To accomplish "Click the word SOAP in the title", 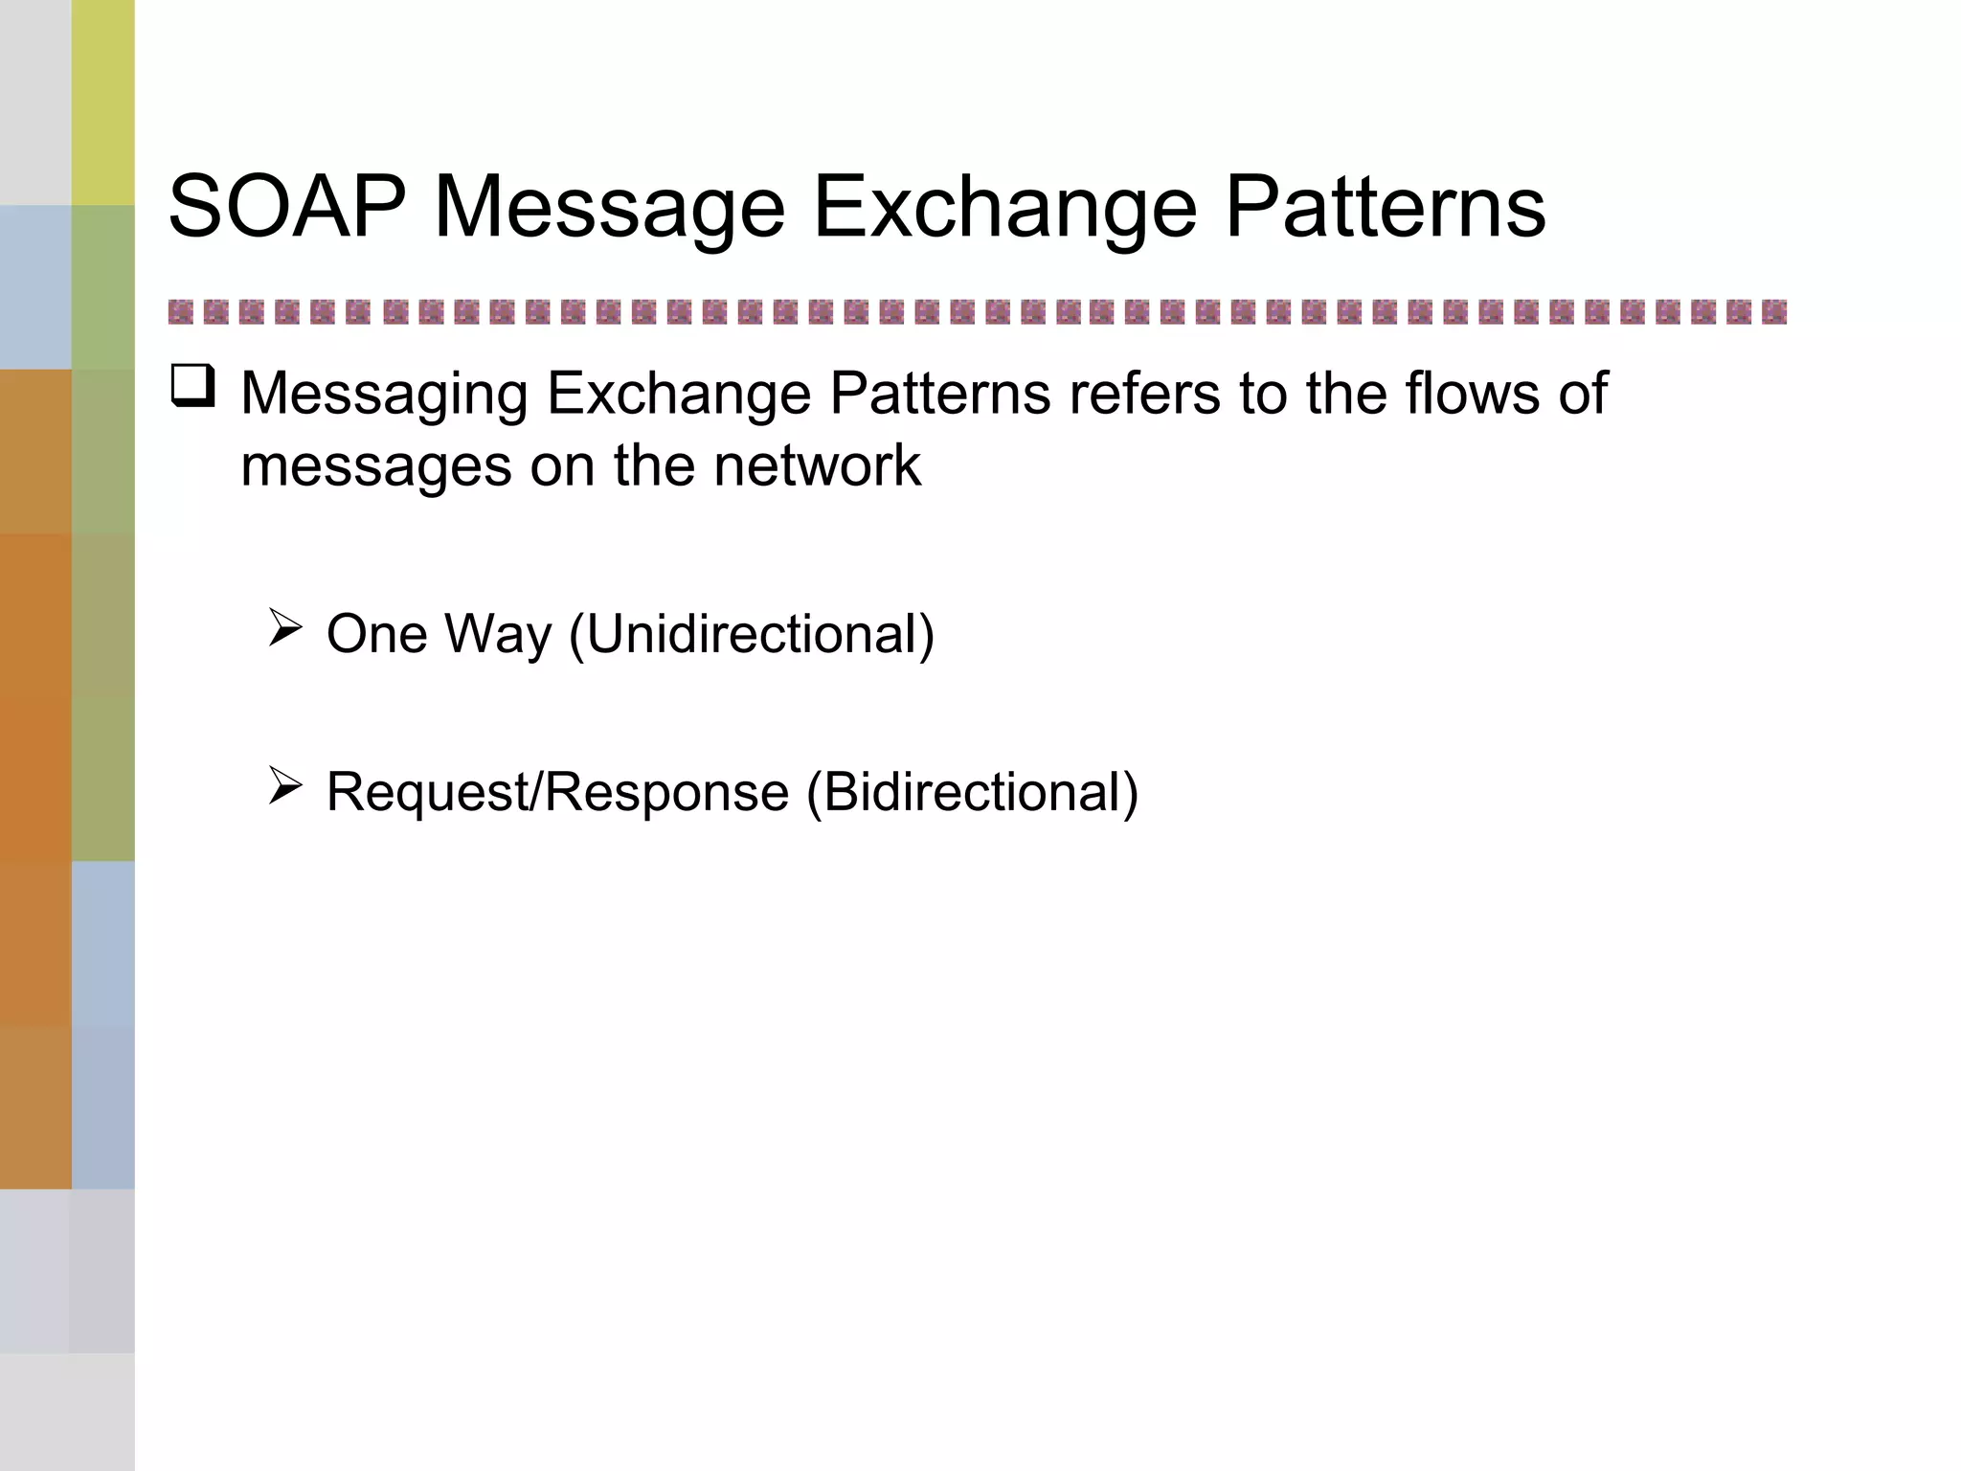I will (286, 207).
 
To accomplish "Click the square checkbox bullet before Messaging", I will (193, 388).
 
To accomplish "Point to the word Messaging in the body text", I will (384, 394).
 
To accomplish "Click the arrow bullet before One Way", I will (284, 628).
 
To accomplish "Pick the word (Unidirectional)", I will (752, 635).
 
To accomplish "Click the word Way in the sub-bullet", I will (499, 635).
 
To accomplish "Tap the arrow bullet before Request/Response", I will (284, 785).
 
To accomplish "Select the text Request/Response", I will (557, 793).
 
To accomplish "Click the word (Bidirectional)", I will (972, 793).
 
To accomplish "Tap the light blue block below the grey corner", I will (35, 287).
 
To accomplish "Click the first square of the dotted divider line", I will (180, 312).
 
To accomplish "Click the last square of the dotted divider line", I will (1773, 312).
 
